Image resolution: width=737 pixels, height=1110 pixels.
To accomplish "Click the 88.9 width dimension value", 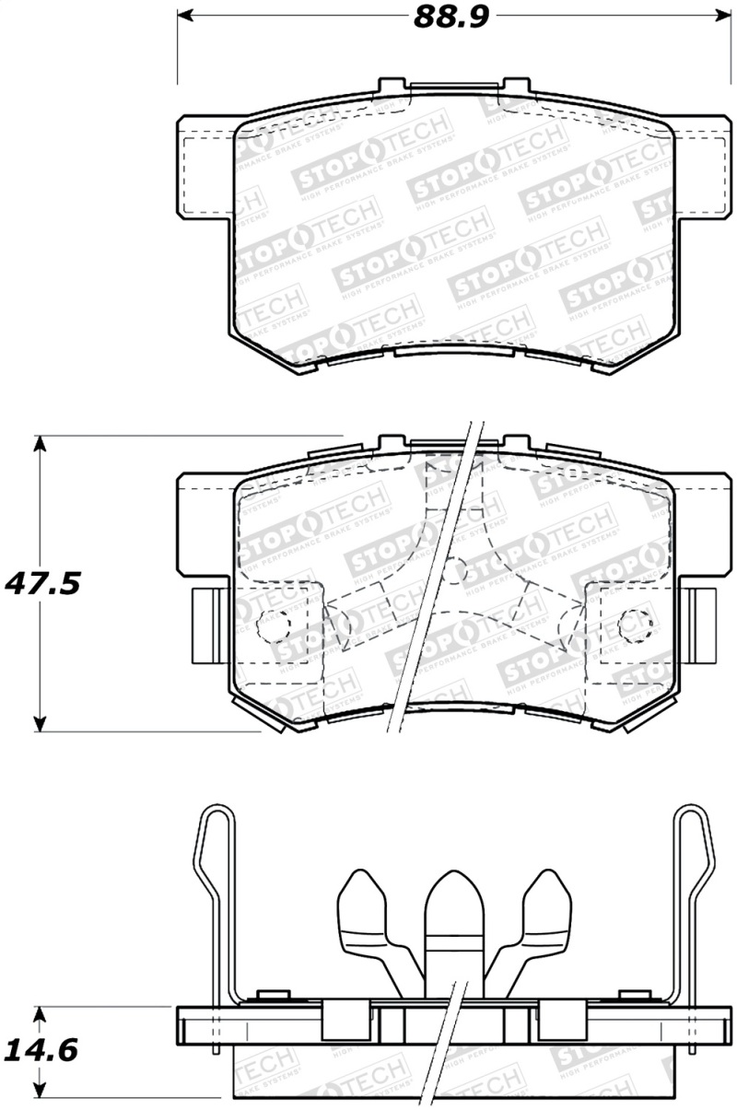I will coord(450,18).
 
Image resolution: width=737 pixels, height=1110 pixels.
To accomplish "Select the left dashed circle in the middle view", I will coord(273,624).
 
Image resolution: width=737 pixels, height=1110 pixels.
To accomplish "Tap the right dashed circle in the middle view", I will coord(633,625).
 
